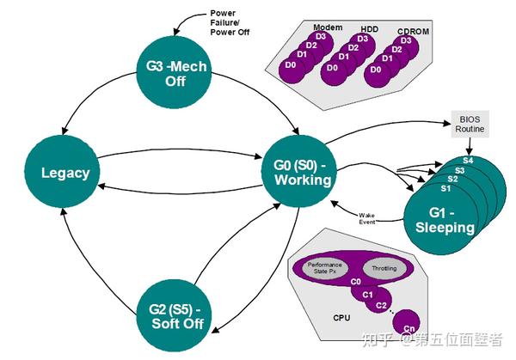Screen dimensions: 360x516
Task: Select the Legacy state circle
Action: coord(65,173)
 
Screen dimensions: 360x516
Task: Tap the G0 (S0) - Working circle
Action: coord(297,172)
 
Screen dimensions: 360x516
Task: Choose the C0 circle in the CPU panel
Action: coord(354,281)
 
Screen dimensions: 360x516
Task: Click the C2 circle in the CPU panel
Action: coord(382,304)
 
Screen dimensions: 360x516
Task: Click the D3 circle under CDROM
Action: coord(406,41)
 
